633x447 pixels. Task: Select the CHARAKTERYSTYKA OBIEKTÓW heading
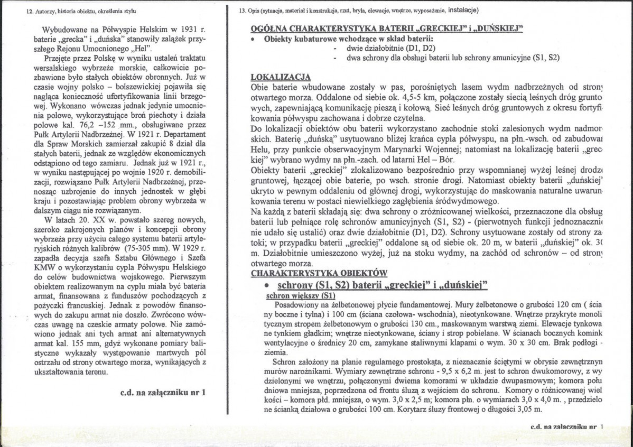319,273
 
